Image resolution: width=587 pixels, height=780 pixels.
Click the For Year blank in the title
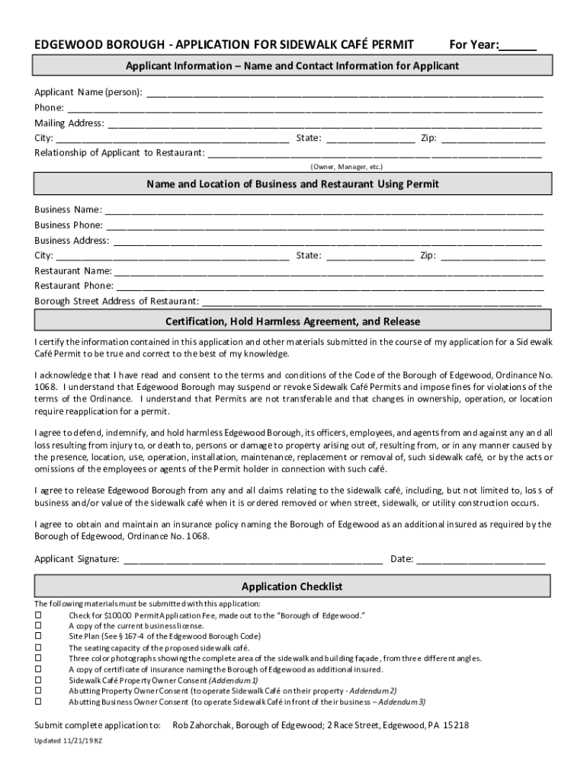[x=518, y=45]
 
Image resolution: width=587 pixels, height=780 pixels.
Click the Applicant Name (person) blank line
[x=344, y=94]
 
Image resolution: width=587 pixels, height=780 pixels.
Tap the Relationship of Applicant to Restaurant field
[x=375, y=153]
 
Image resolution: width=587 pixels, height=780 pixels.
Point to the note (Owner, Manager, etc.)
[x=346, y=166]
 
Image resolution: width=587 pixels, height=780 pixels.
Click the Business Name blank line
[x=324, y=210]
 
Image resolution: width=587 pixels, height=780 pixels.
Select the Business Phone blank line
[x=324, y=225]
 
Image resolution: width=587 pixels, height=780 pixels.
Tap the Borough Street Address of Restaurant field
[x=372, y=302]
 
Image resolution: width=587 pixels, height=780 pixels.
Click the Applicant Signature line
[x=252, y=560]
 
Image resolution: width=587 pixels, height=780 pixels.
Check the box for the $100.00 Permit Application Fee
[x=38, y=615]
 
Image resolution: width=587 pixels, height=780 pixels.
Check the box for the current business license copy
[x=38, y=625]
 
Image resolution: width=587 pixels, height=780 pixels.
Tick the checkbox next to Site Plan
[x=38, y=636]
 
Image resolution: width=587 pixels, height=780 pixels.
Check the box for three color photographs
[x=38, y=658]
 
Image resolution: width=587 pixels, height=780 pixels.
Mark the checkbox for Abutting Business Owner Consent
[x=38, y=702]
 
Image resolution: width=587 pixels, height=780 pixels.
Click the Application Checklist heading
[x=292, y=587]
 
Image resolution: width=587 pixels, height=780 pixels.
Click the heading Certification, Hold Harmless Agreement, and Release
[x=293, y=321]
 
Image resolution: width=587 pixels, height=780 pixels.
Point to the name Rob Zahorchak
[x=202, y=725]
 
